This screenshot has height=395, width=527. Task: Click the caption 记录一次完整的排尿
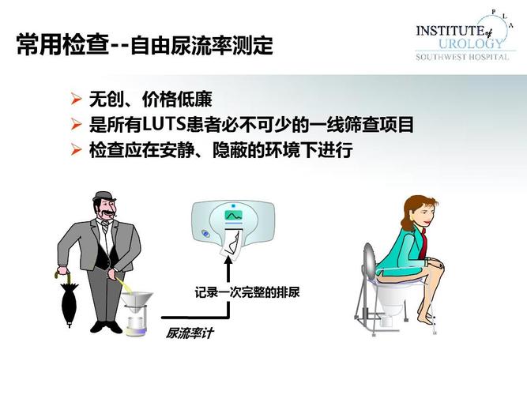(247, 292)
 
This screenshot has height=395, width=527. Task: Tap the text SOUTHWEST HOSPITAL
(462, 57)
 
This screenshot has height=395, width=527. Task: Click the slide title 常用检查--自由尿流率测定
(145, 45)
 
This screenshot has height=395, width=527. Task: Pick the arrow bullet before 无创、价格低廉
(76, 100)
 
